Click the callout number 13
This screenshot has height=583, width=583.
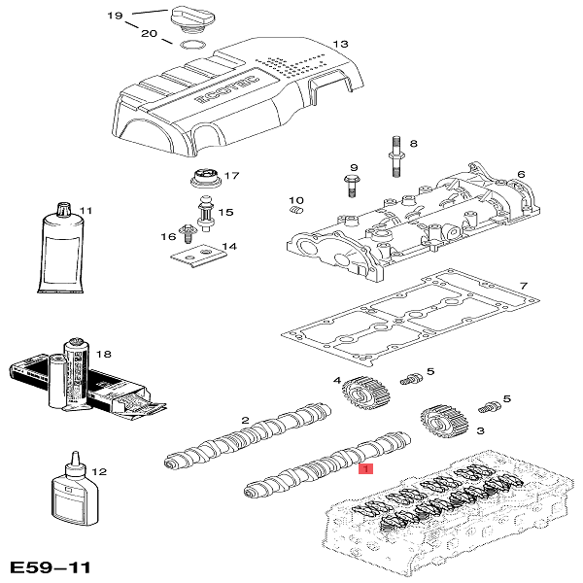[x=340, y=44]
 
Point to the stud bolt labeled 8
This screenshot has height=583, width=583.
[x=397, y=160]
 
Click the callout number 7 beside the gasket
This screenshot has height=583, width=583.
[x=523, y=286]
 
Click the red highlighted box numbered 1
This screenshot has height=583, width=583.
[x=365, y=468]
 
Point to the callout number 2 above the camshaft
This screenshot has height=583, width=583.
[x=246, y=420]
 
